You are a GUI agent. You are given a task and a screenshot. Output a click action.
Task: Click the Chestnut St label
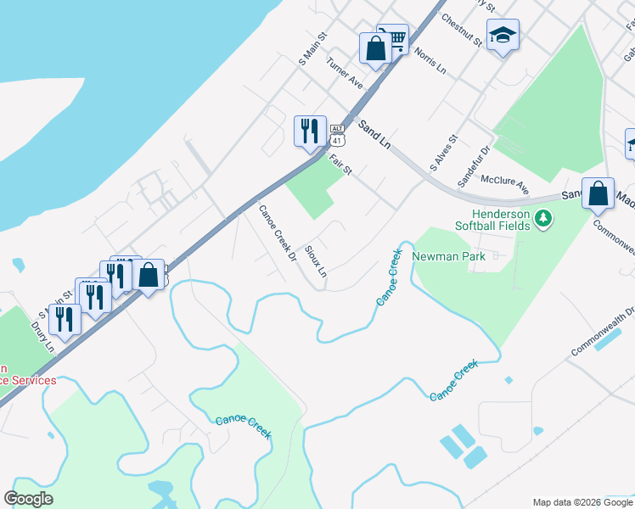(462, 30)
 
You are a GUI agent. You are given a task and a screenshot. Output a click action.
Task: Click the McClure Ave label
(504, 182)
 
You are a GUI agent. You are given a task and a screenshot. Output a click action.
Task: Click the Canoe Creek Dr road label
(277, 233)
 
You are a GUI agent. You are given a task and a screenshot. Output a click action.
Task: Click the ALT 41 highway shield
(337, 133)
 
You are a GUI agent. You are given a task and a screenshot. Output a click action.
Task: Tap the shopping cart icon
(393, 38)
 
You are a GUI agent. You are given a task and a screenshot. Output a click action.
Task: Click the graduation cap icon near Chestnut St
(503, 36)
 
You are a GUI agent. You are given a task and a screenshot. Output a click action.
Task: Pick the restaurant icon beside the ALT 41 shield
(308, 131)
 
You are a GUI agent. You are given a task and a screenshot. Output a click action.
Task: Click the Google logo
(28, 499)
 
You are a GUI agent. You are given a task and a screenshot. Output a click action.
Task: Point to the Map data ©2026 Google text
(582, 502)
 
